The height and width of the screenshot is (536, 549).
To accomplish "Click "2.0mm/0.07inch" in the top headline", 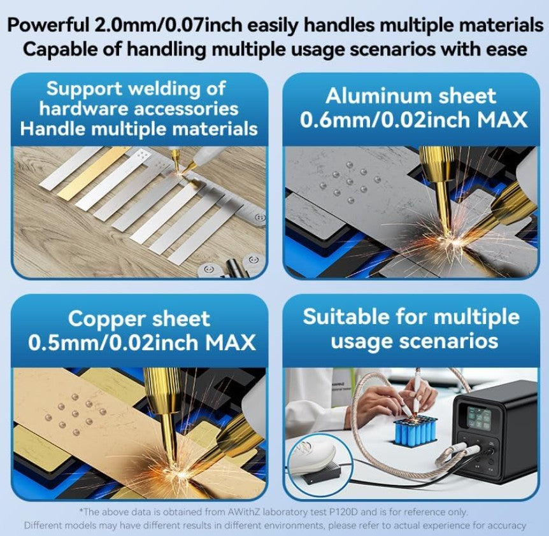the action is click(x=168, y=25).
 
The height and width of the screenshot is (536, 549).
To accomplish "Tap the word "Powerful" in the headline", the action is click(x=48, y=25).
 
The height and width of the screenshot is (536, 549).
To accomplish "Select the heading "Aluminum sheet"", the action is click(x=411, y=95).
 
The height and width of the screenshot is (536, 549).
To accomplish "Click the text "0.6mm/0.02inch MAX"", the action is click(x=413, y=120).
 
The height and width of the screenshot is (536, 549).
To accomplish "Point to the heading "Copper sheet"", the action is click(x=139, y=320).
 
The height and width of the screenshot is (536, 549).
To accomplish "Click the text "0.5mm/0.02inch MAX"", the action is click(x=141, y=342).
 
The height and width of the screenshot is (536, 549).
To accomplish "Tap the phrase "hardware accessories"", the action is click(x=139, y=108).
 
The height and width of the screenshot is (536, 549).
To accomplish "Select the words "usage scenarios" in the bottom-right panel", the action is click(x=414, y=341).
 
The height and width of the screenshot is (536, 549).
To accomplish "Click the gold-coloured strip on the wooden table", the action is click(x=94, y=174).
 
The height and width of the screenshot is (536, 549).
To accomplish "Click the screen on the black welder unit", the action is click(x=478, y=418).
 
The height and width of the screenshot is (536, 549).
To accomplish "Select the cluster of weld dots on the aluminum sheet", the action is click(x=350, y=182).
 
